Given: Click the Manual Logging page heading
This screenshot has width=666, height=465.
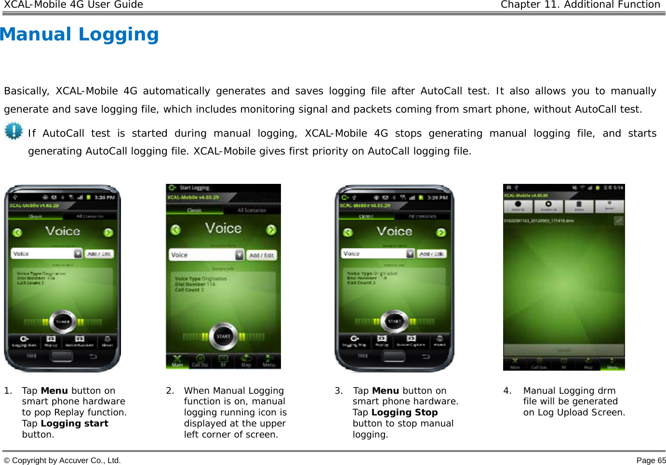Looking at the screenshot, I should coord(80,34).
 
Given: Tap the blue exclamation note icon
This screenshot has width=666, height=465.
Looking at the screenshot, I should coord(13,131).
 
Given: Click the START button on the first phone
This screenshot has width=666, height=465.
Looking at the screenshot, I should coord(63,321).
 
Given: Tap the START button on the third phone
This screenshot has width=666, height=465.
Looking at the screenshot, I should coord(395,321).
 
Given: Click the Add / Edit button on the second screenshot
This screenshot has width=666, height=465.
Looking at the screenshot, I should coord(262,255).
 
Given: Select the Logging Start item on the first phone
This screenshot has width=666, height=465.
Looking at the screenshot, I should coord(24,341).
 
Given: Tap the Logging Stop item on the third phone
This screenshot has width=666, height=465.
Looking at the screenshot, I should coord(354,341).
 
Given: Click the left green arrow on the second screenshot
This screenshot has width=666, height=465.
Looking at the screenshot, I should coord(175,230).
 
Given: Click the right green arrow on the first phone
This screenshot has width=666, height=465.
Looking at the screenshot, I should coord(108,232).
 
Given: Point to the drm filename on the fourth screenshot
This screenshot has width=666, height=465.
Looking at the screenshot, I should coord(538,220).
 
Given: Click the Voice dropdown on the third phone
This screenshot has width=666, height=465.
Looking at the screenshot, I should coord(378,254).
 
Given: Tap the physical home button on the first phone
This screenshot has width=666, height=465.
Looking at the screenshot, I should coord(62,356).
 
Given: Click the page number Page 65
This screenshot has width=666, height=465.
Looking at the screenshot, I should coord(651,460).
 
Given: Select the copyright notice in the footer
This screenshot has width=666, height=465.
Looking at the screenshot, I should coord(63,460).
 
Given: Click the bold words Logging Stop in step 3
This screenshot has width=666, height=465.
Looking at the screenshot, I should coord(404,412).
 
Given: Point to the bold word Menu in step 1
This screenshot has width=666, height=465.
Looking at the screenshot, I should coord(54,390).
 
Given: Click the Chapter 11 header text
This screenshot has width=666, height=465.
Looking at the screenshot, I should coord(580,5).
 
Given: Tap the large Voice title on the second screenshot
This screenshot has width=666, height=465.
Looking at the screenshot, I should coord(223,228).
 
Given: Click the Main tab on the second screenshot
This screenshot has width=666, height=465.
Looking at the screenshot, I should coord(178,361).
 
